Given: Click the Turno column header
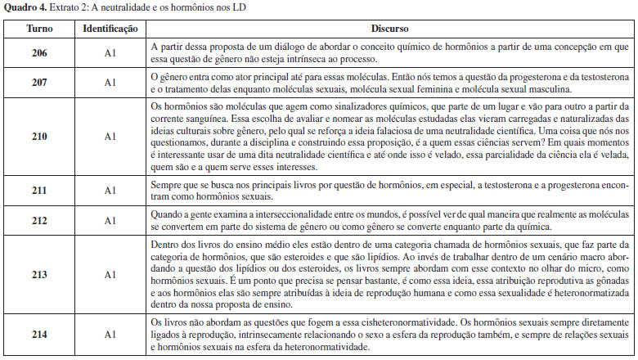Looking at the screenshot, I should [38, 28].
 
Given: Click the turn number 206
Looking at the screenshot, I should [38, 53].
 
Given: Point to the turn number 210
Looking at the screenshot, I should [38, 137].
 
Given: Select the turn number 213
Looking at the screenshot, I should [38, 275].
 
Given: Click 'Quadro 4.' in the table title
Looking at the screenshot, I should [22, 7].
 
